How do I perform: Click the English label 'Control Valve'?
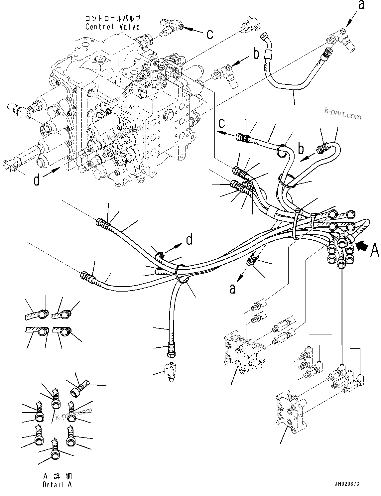click(113, 27)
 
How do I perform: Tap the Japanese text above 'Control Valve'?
click(113, 18)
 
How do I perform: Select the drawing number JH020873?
click(347, 484)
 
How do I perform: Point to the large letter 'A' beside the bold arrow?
click(375, 251)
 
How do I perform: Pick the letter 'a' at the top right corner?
click(361, 5)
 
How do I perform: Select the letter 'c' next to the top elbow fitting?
click(210, 34)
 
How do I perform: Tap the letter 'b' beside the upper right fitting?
click(256, 54)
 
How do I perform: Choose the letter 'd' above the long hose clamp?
click(189, 239)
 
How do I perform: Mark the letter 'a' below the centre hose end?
click(232, 289)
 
